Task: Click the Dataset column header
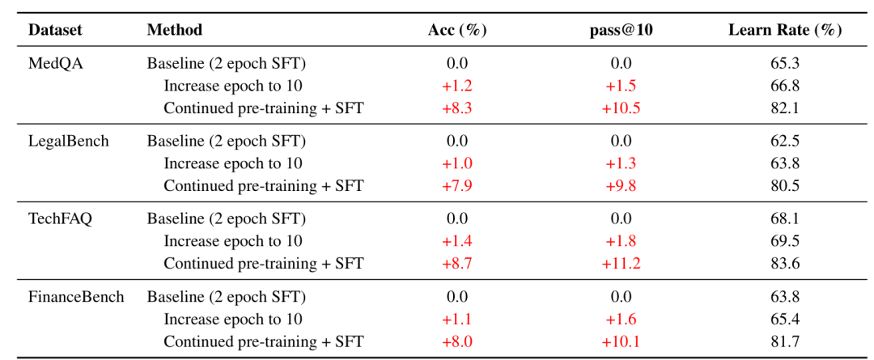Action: click(x=55, y=30)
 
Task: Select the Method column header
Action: click(x=175, y=30)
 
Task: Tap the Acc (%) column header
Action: click(x=457, y=30)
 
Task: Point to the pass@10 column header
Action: click(x=621, y=30)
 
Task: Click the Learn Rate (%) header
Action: click(x=785, y=30)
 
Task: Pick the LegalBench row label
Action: click(x=69, y=141)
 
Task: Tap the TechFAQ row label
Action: click(x=60, y=219)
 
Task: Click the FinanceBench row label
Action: click(x=76, y=296)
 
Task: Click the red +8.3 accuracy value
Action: click(x=457, y=108)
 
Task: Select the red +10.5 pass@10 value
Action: click(x=621, y=108)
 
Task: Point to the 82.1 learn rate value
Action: click(x=785, y=108)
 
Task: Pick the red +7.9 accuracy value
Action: click(x=457, y=185)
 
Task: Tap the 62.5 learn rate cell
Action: click(x=785, y=141)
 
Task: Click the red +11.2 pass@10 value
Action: click(x=621, y=263)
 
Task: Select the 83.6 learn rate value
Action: click(x=785, y=263)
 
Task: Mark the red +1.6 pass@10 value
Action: click(x=621, y=320)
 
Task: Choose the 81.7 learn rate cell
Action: click(x=785, y=341)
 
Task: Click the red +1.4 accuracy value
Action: click(x=457, y=241)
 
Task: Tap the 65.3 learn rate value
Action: click(x=785, y=64)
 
